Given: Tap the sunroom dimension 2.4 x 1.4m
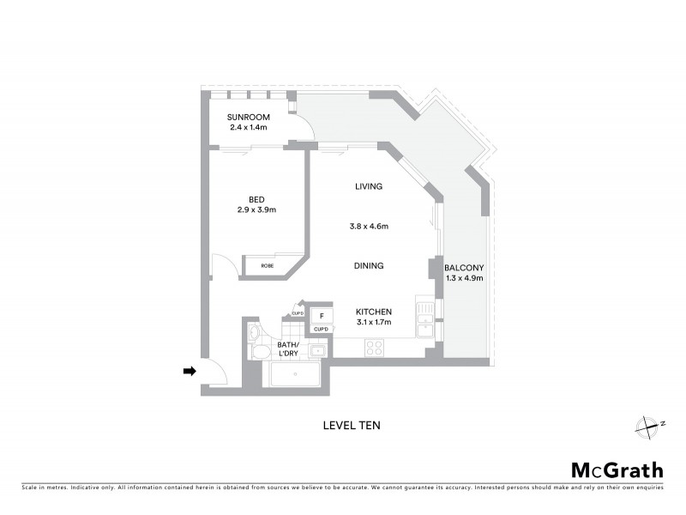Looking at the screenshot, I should [x=248, y=127].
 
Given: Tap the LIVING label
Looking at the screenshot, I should [x=369, y=186].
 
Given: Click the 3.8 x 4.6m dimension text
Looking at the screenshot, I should [x=368, y=227].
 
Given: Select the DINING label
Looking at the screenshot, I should [x=369, y=266].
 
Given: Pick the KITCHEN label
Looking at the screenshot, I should [x=374, y=312].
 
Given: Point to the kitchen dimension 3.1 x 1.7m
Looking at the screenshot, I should [x=374, y=323].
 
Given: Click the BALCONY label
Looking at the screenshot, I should [x=464, y=267].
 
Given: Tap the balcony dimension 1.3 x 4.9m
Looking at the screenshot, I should [x=464, y=278].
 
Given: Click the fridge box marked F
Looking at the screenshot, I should [x=321, y=315].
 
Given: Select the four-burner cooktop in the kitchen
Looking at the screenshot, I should [x=375, y=347].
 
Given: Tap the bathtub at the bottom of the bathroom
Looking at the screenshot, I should [x=294, y=373].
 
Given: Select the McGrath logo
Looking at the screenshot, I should [x=617, y=470].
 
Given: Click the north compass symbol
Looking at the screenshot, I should [x=650, y=425].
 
